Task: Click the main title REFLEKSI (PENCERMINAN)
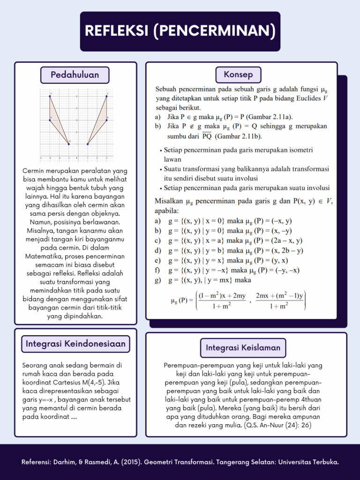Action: coord(180,31)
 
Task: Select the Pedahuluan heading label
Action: coord(75,75)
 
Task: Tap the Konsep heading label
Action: coord(238,75)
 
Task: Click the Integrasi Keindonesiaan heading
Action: coord(75,344)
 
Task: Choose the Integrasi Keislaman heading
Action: coord(243,347)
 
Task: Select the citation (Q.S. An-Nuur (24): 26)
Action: coord(277,425)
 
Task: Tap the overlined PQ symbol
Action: coord(207,136)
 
